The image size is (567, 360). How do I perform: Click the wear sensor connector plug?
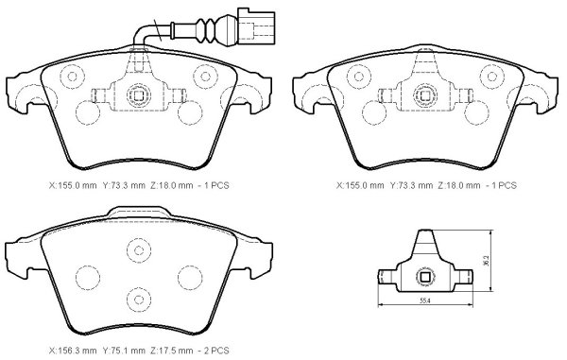[256, 26]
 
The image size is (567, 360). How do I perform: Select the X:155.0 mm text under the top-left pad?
[73, 185]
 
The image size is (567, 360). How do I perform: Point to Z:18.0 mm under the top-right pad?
[459, 185]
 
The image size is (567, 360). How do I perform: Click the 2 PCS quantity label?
[216, 351]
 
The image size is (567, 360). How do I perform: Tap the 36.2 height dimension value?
[486, 261]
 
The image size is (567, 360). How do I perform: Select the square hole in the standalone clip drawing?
[425, 277]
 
